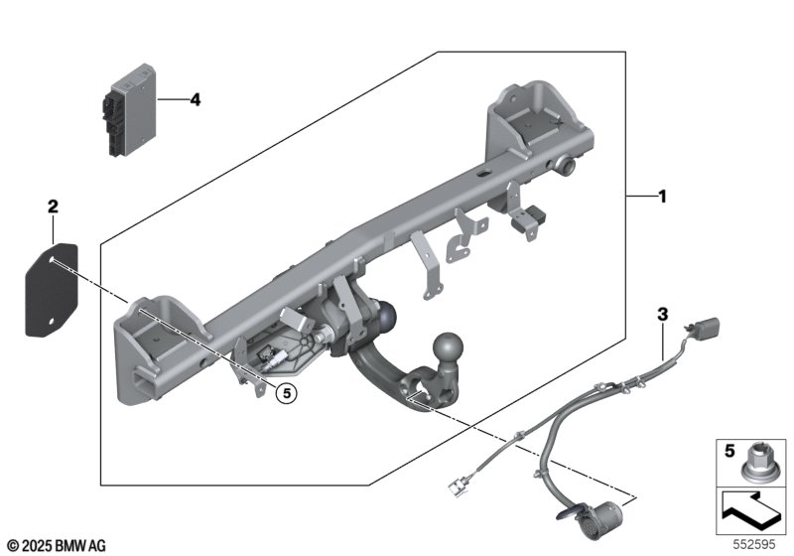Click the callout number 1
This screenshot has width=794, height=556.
coord(662,197)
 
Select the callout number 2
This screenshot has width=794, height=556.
coord(53,207)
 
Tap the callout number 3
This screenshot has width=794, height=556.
coord(662,315)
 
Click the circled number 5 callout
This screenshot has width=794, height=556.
coord(285,393)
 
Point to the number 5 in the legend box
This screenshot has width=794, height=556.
coord(728,450)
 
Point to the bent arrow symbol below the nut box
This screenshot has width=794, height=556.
coord(752,510)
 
